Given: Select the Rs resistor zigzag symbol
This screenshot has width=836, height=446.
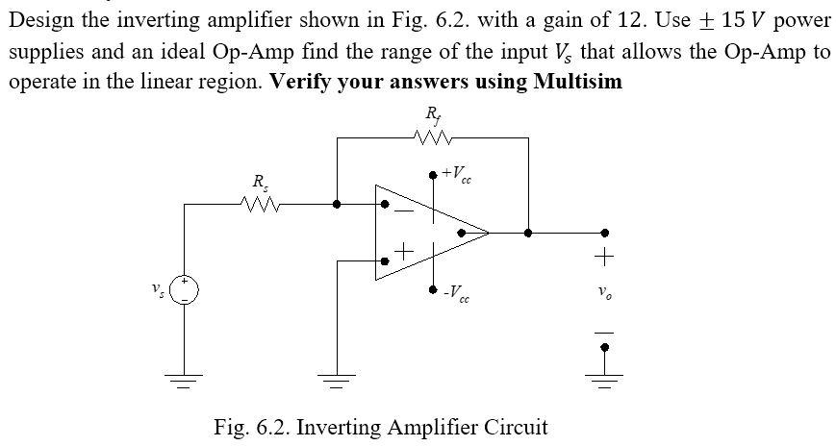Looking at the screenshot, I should [258, 204].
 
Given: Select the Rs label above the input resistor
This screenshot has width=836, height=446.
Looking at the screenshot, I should [258, 182].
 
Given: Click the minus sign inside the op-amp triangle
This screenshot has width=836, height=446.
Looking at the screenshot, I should [404, 209].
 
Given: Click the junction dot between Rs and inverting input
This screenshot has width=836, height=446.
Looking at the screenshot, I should [336, 204].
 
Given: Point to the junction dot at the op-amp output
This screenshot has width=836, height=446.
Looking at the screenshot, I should [527, 232].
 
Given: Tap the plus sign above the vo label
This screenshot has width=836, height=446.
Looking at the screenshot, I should [604, 258].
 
